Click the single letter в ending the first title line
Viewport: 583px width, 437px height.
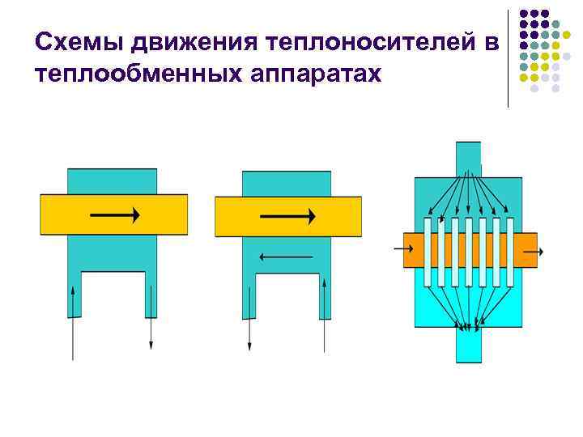coord(494,41)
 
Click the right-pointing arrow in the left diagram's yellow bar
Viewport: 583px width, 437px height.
coord(114,214)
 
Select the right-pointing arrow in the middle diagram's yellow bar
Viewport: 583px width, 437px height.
coord(287,215)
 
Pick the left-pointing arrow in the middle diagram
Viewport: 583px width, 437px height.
coord(285,257)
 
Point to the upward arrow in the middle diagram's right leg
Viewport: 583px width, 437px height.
coord(325,315)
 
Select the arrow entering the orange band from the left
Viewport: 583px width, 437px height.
coord(403,249)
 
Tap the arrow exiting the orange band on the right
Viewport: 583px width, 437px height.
coord(534,252)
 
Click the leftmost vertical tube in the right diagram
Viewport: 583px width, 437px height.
coord(428,252)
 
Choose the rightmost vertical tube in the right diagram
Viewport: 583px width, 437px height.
coord(509,252)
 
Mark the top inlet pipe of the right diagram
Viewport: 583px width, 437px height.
coord(468,157)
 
